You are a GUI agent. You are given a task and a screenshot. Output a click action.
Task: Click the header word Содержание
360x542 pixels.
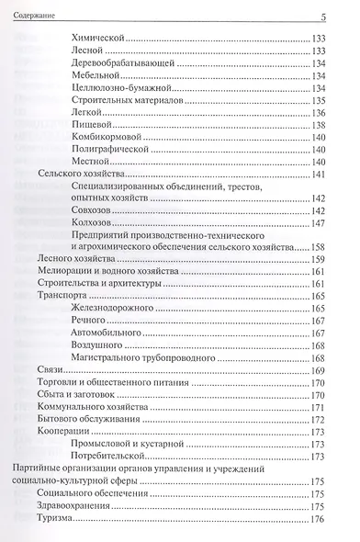click(31, 15)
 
